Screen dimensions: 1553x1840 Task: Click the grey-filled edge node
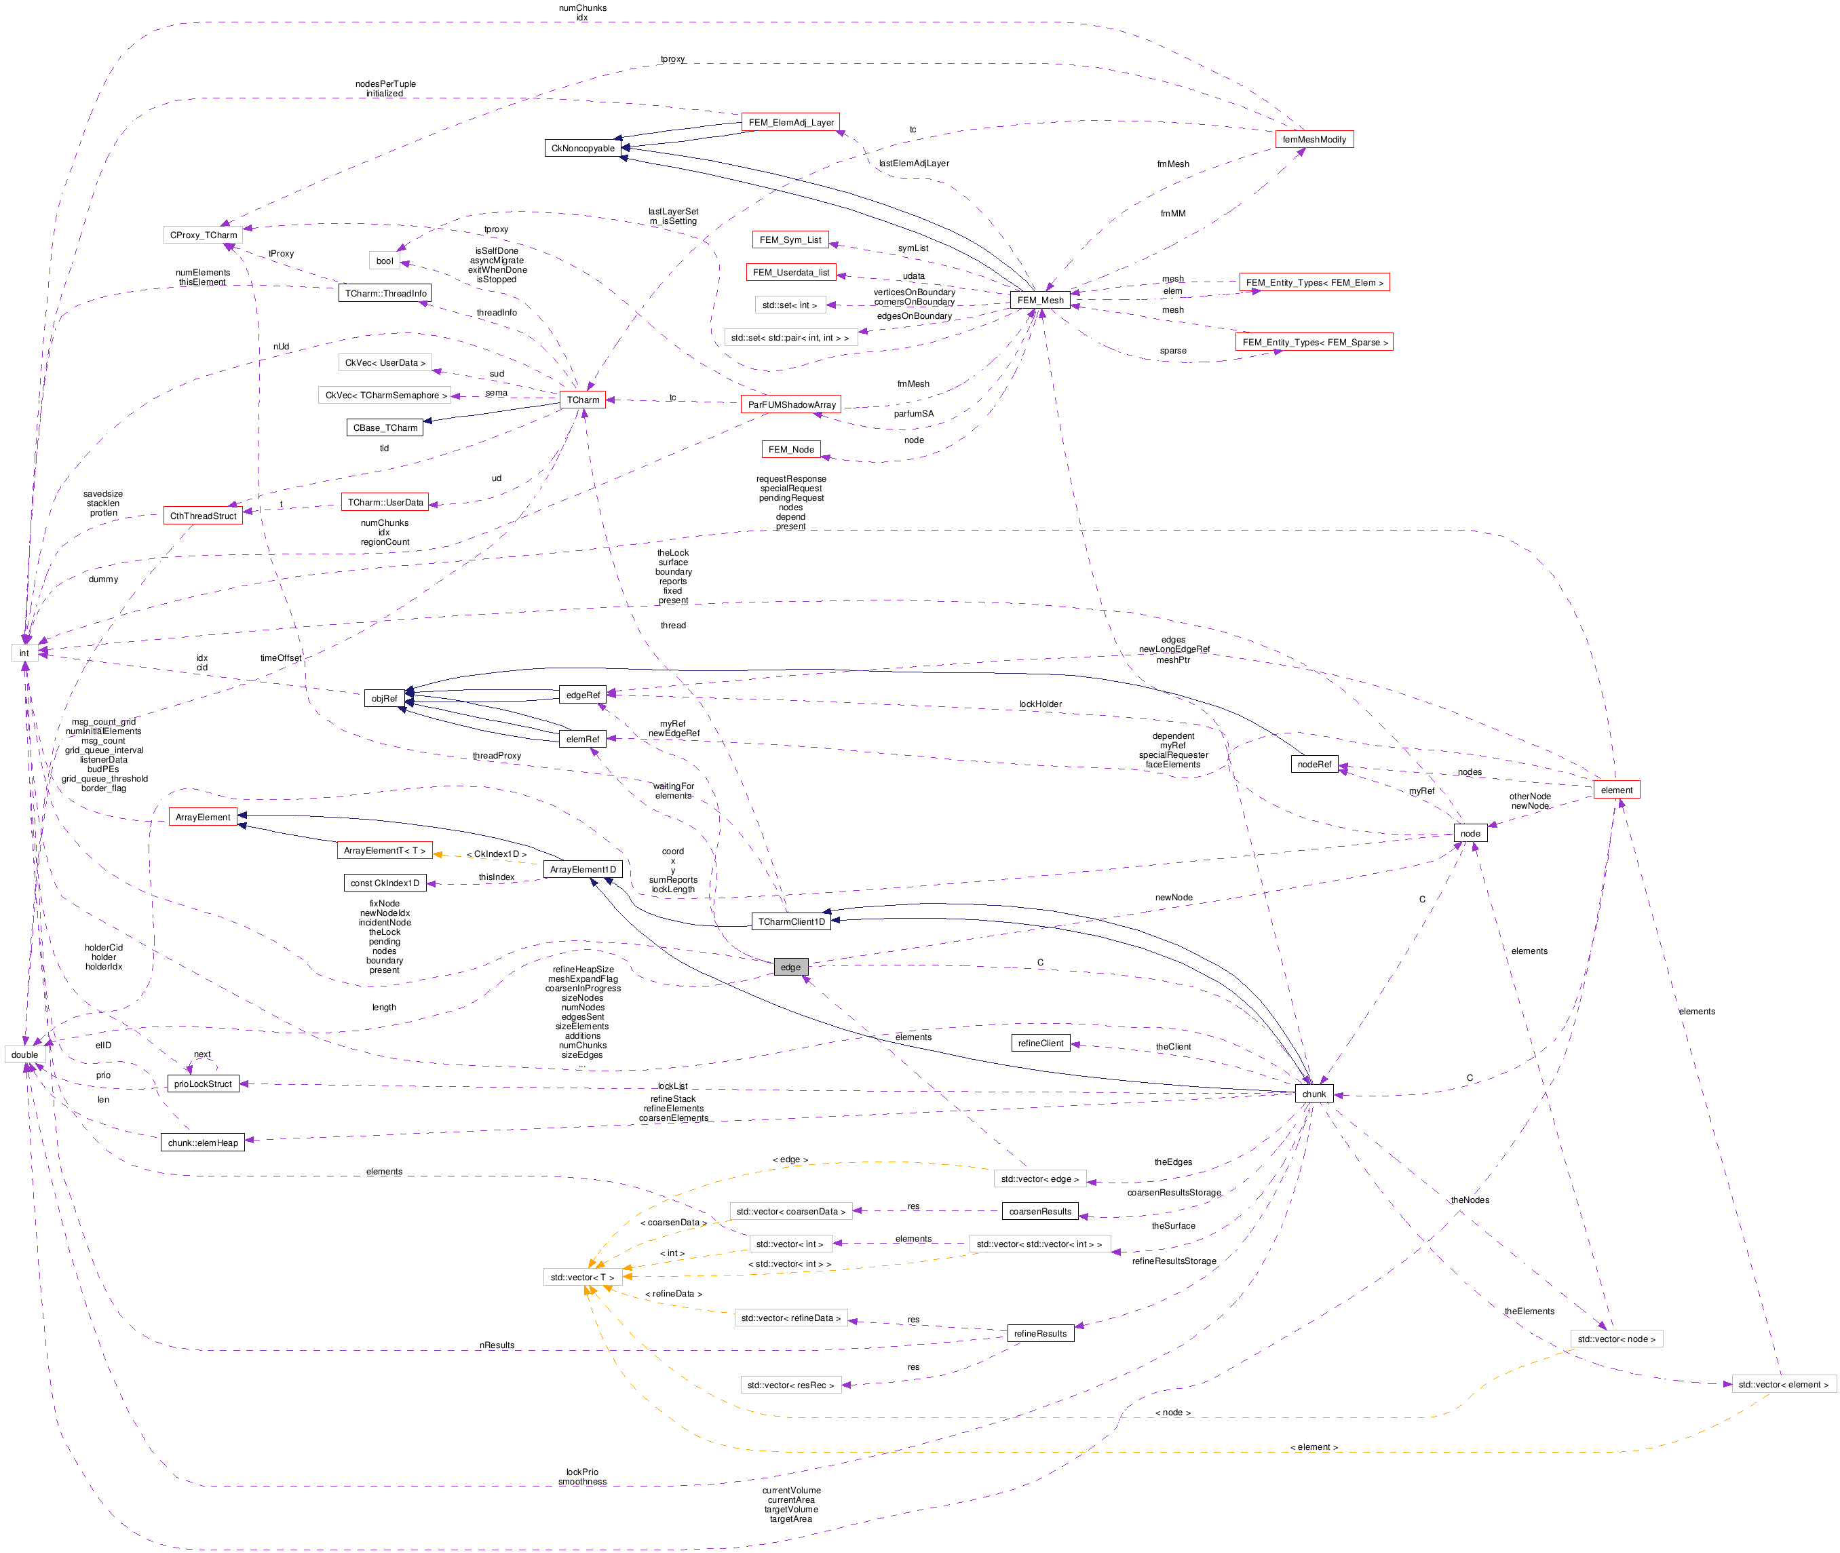click(790, 967)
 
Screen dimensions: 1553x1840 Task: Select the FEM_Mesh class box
click(1039, 300)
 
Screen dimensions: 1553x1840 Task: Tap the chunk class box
click(1314, 1094)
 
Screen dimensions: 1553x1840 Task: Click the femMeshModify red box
click(1314, 139)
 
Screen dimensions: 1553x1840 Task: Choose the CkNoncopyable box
click(582, 148)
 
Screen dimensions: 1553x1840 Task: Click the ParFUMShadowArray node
click(790, 405)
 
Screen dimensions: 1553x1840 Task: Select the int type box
click(24, 653)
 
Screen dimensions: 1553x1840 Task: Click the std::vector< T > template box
click(582, 1277)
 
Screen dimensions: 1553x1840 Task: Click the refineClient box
click(1039, 1043)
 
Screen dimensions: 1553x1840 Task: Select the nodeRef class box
click(1314, 764)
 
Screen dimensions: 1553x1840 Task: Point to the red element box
click(1615, 790)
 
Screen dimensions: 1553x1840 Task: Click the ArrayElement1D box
click(582, 869)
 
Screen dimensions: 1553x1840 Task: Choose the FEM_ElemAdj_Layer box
click(790, 122)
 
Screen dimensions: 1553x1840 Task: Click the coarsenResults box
click(1039, 1212)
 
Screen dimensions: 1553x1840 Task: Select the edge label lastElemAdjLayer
click(913, 164)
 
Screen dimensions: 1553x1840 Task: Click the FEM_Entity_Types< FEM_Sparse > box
click(1314, 343)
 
